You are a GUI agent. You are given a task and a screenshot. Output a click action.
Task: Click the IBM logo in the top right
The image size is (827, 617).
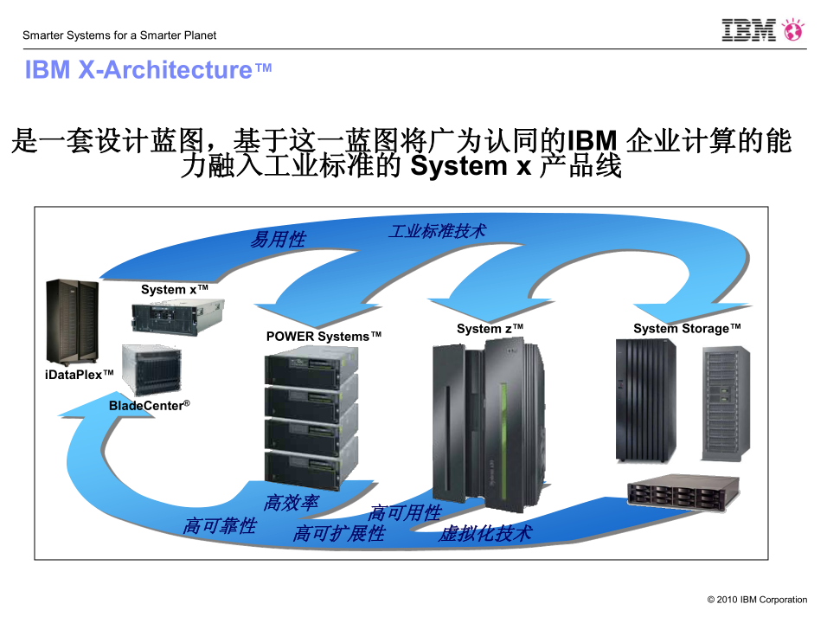click(x=748, y=30)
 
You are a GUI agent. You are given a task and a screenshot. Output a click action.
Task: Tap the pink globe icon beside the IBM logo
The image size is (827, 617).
click(x=792, y=30)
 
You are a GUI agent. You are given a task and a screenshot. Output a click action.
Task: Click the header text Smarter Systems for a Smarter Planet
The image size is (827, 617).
click(x=119, y=35)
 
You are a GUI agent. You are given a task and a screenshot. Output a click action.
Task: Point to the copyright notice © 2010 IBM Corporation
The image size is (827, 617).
click(x=757, y=600)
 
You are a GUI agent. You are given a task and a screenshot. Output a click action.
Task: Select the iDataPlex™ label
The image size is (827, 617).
click(x=79, y=374)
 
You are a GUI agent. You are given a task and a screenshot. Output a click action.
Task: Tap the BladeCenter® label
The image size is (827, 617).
click(x=149, y=405)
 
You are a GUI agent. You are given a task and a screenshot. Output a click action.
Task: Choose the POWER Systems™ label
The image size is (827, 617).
click(x=324, y=336)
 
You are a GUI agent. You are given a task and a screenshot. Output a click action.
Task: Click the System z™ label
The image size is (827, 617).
click(x=490, y=329)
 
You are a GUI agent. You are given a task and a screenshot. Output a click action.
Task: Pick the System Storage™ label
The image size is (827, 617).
click(x=687, y=329)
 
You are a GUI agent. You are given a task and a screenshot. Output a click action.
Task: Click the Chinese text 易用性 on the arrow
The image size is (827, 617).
click(x=278, y=240)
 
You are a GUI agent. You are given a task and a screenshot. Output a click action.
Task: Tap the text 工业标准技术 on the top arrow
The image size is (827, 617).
click(x=437, y=231)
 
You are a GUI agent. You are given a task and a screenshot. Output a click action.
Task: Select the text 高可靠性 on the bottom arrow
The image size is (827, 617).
click(x=220, y=525)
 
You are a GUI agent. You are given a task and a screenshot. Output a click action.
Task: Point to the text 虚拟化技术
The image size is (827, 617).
click(x=484, y=534)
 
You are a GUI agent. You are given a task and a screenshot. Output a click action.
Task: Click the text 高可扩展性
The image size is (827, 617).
click(x=338, y=534)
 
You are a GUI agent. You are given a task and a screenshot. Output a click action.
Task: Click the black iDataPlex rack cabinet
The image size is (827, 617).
click(x=72, y=320)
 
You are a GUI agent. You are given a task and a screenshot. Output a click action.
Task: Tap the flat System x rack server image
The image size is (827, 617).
click(x=178, y=316)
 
